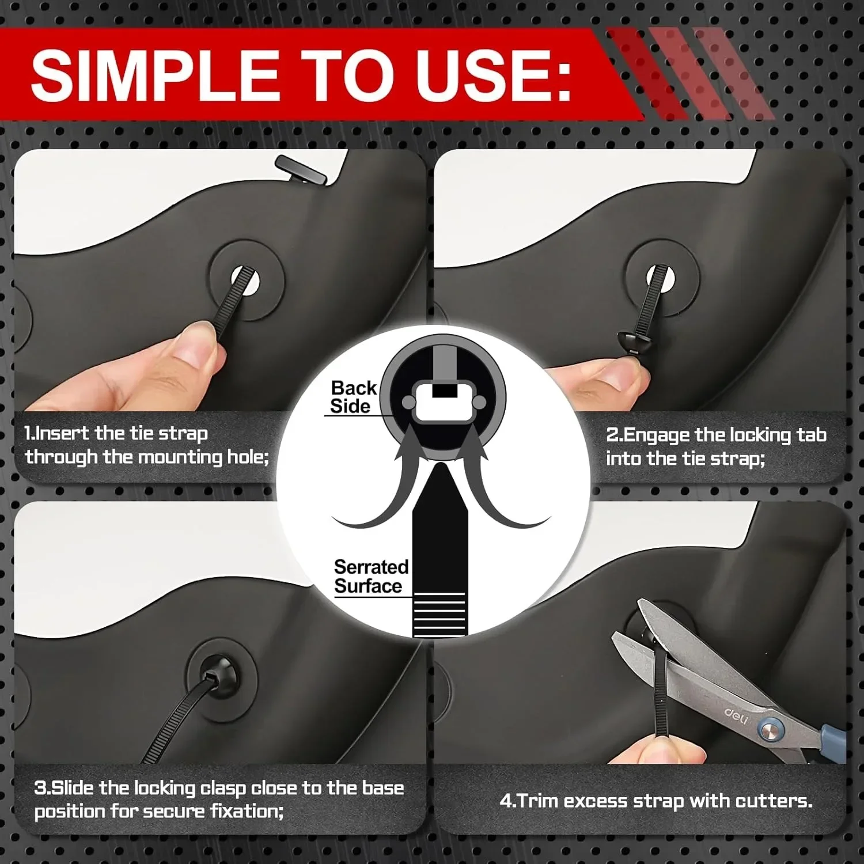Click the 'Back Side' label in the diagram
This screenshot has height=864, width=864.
point(353,397)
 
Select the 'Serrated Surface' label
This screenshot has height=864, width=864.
point(370,577)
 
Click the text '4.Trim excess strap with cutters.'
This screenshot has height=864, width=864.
point(655,801)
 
